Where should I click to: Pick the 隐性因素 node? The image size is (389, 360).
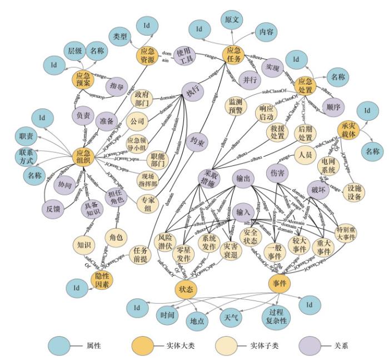tap(102, 279)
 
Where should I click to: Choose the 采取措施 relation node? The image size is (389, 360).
tap(210, 178)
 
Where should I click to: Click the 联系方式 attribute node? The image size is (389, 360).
tap(26, 156)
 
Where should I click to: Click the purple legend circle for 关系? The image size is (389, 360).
tap(310, 345)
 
